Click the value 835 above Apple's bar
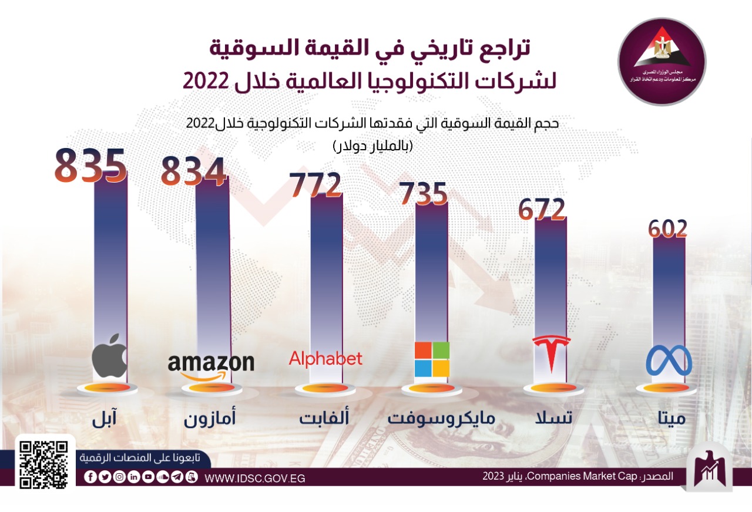click(x=90, y=165)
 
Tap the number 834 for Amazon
click(x=194, y=171)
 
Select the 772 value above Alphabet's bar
click(x=315, y=185)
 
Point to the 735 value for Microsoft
click(x=423, y=194)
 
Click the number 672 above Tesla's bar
click(x=542, y=210)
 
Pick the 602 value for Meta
click(x=668, y=229)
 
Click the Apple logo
click(x=110, y=356)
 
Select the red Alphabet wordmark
click(x=325, y=358)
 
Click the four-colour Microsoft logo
click(x=432, y=359)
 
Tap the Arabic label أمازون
click(x=210, y=419)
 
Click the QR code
click(x=44, y=464)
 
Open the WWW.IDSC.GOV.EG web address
click(x=255, y=478)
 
